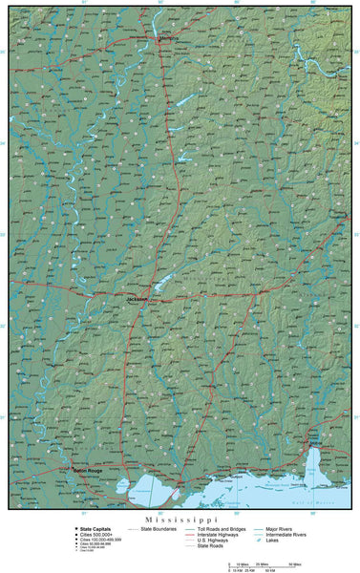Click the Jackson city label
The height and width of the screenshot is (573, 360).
tap(138, 298)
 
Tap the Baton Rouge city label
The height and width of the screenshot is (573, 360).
tap(86, 470)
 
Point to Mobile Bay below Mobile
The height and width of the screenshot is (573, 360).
tap(313, 468)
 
